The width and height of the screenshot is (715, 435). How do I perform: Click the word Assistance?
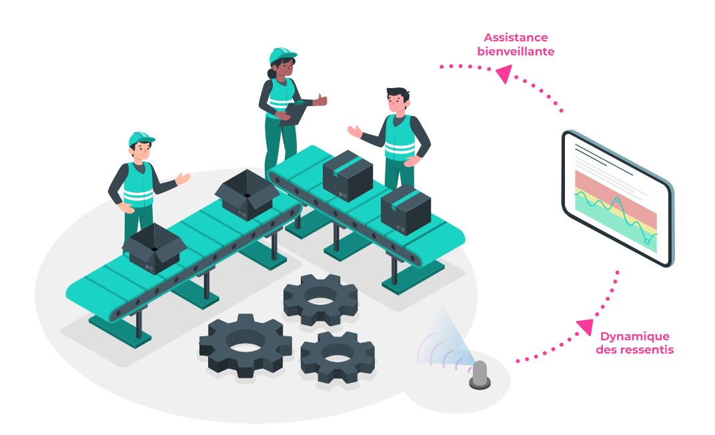tap(516, 37)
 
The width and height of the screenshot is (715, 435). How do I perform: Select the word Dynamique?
tap(634, 336)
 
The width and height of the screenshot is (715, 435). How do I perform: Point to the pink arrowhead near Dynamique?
tap(585, 326)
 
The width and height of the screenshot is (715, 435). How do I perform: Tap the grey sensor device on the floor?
tap(480, 375)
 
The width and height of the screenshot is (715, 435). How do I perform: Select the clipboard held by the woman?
tap(293, 113)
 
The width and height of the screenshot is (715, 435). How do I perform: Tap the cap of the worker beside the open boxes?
tap(141, 138)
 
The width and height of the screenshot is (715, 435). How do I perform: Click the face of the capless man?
tap(397, 102)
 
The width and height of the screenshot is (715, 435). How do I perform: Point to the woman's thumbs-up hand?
tap(321, 101)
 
